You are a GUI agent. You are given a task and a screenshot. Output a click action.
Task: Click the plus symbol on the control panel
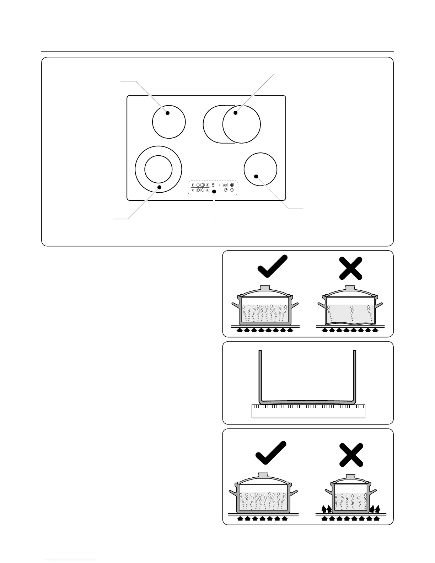tap(219, 185)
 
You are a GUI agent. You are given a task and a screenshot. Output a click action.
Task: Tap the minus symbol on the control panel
tap(219, 191)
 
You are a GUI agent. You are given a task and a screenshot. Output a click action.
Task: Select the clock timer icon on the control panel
tap(226, 191)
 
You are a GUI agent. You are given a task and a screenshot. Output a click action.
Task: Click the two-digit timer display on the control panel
tap(225, 185)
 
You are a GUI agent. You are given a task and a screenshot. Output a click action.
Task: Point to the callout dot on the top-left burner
tap(167, 113)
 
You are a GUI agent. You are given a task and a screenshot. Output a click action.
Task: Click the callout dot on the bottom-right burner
tap(256, 176)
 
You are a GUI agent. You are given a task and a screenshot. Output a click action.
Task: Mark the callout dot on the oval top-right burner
tap(235, 113)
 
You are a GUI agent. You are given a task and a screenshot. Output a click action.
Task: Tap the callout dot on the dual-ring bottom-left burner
tap(160, 187)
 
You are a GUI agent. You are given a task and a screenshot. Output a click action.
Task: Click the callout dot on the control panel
tap(214, 192)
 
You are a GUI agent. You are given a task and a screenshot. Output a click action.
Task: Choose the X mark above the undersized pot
tap(351, 455)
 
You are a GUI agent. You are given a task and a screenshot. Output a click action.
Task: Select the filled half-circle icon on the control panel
tap(232, 185)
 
